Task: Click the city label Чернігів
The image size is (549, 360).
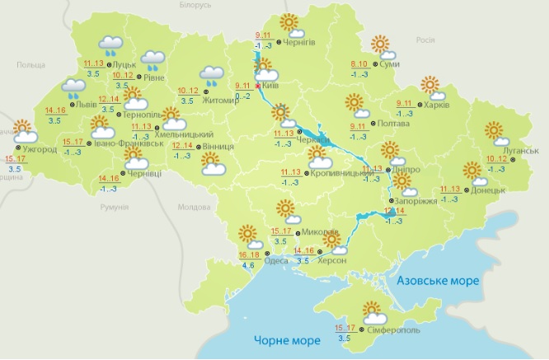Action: click(299, 42)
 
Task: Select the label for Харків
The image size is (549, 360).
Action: click(441, 105)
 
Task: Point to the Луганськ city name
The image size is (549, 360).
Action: click(520, 152)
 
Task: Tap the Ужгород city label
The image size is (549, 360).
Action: click(40, 151)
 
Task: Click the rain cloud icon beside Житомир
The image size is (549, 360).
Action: click(211, 77)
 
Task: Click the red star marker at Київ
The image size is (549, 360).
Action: click(259, 85)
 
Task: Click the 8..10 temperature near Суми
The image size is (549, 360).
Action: click(359, 64)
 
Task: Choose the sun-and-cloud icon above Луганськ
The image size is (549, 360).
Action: click(494, 132)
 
